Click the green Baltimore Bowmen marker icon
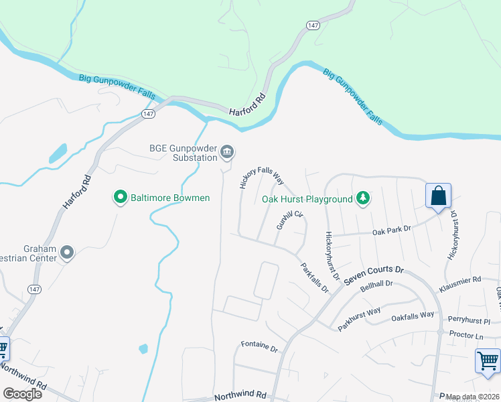121,198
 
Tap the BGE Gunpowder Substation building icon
227,153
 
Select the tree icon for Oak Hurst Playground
362,198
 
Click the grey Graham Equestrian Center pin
67,253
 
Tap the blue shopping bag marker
438,196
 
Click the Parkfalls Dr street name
314,278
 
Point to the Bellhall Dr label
376,287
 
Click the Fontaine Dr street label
259,346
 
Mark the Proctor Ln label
466,335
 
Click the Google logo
22,394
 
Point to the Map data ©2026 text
472,397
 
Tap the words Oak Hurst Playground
307,199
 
